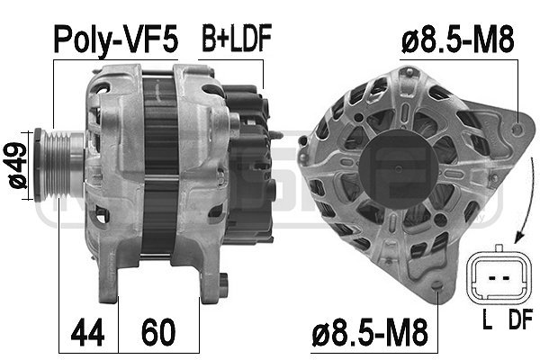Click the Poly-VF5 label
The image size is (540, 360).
(x=116, y=40)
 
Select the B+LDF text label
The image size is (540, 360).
(x=237, y=38)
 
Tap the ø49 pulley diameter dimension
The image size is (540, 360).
(x=18, y=166)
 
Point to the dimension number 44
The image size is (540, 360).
(x=88, y=332)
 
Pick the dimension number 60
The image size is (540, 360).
(x=158, y=332)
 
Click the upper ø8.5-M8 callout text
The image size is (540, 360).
(x=458, y=40)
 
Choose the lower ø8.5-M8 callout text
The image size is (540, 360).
(x=370, y=332)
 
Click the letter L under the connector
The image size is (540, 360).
(x=487, y=319)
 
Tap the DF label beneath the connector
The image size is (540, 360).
(x=521, y=319)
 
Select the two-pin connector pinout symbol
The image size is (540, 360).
(x=499, y=274)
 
